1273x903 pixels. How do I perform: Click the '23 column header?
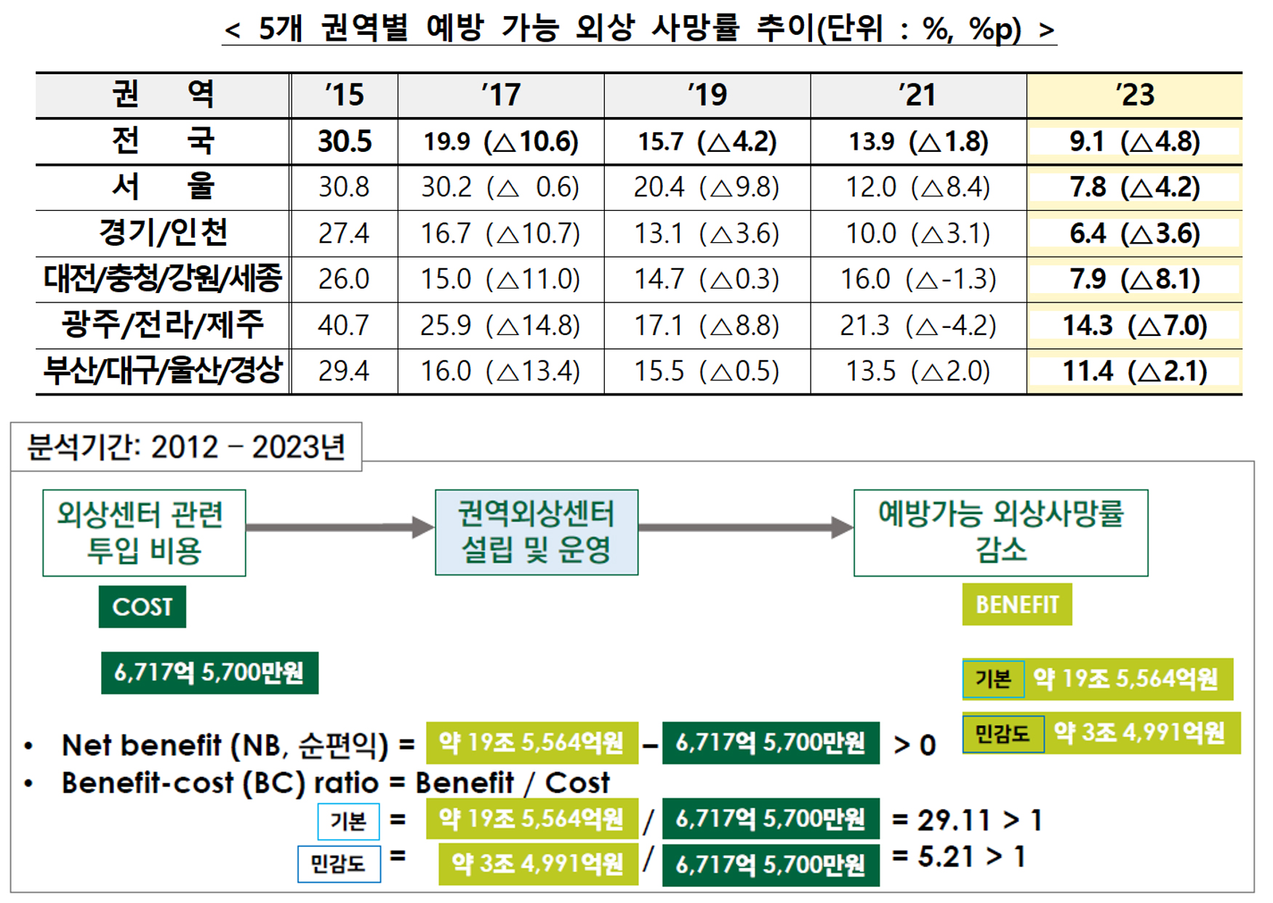[1135, 95]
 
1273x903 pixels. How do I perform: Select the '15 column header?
[344, 95]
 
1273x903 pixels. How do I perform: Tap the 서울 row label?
[163, 186]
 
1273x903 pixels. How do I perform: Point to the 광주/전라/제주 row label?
[163, 324]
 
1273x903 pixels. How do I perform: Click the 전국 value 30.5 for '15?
[345, 141]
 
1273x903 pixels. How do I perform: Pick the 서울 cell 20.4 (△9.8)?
[707, 188]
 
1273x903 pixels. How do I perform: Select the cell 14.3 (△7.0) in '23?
[1135, 325]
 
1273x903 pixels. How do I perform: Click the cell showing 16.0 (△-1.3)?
[918, 279]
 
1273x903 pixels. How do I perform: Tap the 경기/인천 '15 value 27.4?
[344, 233]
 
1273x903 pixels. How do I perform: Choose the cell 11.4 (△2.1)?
[1135, 371]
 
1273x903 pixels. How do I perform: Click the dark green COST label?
[142, 606]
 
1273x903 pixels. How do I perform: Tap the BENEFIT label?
[1017, 604]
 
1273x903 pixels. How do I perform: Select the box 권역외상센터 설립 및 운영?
[537, 532]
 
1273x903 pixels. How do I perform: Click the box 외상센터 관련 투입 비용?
[144, 533]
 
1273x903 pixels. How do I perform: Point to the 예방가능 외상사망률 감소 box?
[1001, 533]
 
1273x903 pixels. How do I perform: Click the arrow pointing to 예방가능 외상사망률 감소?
[746, 528]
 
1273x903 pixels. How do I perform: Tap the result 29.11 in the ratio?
[955, 820]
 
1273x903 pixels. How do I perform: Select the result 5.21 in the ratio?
[946, 856]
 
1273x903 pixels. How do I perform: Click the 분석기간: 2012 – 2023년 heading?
[186, 447]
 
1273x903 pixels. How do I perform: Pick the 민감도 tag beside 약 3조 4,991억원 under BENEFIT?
[1003, 733]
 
